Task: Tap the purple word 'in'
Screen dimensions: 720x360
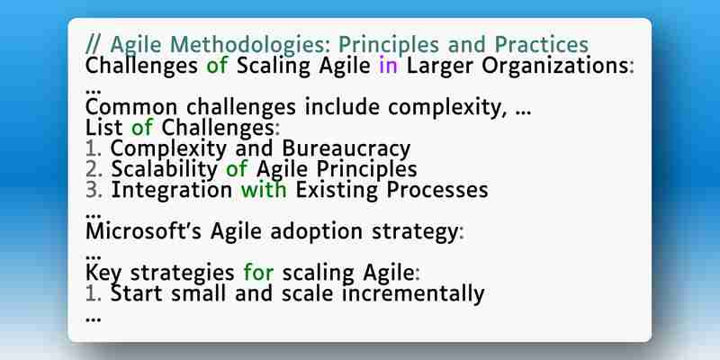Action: point(388,65)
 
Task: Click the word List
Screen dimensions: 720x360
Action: point(103,128)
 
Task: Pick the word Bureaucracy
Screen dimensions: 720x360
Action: point(346,149)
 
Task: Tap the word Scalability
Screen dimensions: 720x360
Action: point(164,170)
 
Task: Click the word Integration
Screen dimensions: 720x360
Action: point(171,191)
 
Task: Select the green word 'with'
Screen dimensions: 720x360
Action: point(264,190)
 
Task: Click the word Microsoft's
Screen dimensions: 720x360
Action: point(143,231)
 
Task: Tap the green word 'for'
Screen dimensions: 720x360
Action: point(258,273)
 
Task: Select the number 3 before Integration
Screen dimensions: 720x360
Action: point(94,190)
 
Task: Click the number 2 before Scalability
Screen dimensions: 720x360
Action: point(94,169)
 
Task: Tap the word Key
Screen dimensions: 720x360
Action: point(103,274)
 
